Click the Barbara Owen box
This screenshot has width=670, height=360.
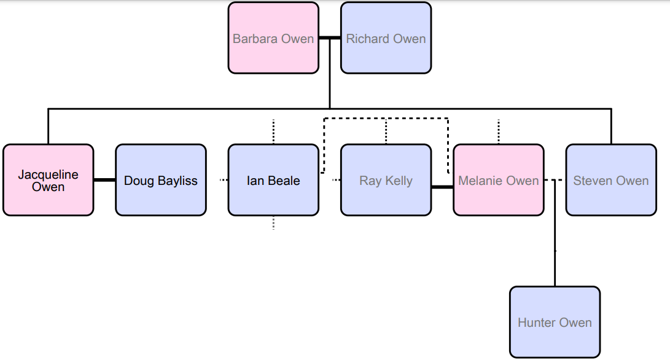pos(273,38)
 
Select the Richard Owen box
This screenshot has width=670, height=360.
pos(386,38)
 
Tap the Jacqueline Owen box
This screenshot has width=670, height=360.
pos(49,180)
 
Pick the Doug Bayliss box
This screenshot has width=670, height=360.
pos(161,180)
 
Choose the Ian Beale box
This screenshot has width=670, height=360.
pos(273,180)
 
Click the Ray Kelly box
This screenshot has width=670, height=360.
pos(386,180)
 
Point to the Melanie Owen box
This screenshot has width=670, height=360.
pos(498,180)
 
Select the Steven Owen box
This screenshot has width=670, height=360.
pos(610,180)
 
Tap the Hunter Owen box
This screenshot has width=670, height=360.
pos(555,322)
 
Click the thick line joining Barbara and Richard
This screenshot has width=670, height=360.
pos(330,38)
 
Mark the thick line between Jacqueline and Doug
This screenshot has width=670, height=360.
pos(104,180)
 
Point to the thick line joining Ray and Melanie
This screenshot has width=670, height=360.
pos(442,187)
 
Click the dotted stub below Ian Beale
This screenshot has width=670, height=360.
pos(273,223)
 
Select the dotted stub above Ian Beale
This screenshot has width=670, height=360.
pos(273,131)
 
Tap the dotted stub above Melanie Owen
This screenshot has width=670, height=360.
pos(498,131)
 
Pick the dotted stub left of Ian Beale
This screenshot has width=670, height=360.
pos(224,180)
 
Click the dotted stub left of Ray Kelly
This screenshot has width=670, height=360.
pos(336,180)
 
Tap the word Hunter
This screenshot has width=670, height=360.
pos(535,323)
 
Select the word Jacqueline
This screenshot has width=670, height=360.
pos(49,174)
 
